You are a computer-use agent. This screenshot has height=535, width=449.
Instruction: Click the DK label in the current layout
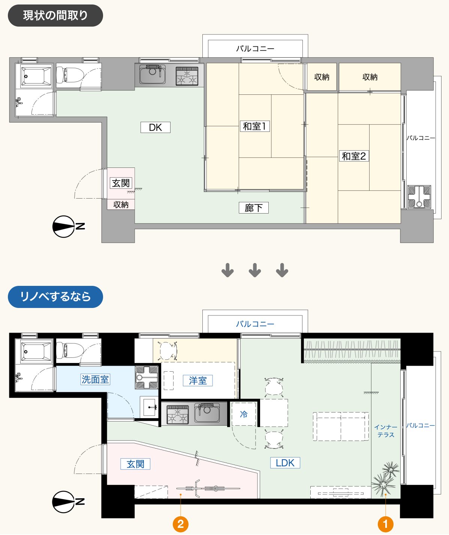(x=155, y=127)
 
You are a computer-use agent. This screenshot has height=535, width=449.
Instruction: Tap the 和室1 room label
(x=255, y=126)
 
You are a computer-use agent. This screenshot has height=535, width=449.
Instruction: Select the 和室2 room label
(x=354, y=156)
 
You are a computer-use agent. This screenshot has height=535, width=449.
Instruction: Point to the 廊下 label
(x=253, y=208)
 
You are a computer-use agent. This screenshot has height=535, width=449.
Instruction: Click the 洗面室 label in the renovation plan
(x=95, y=380)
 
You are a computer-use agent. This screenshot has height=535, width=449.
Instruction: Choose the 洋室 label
(x=198, y=381)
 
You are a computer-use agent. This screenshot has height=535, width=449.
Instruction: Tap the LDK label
(x=285, y=463)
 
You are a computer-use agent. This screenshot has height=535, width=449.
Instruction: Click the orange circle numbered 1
(x=385, y=524)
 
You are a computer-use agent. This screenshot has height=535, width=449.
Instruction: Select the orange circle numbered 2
(x=181, y=524)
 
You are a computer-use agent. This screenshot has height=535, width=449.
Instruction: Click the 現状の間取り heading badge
(x=55, y=15)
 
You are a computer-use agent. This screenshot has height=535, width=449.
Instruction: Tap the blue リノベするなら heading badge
(x=55, y=297)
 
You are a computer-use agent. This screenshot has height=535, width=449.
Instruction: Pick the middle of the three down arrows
(x=255, y=270)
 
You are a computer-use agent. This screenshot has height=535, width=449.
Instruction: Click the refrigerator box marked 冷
(x=244, y=414)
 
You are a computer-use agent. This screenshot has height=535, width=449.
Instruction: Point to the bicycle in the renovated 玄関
(x=208, y=489)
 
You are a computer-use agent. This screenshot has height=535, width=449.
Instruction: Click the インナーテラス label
(x=386, y=431)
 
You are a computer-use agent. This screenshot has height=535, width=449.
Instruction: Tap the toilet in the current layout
(x=70, y=74)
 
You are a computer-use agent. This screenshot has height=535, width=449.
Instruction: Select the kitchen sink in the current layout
(x=153, y=74)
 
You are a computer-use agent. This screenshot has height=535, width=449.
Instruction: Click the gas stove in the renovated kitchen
(x=178, y=414)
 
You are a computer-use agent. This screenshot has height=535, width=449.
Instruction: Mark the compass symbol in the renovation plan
(x=68, y=502)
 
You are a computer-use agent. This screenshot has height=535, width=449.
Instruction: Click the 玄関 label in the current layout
(x=121, y=183)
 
